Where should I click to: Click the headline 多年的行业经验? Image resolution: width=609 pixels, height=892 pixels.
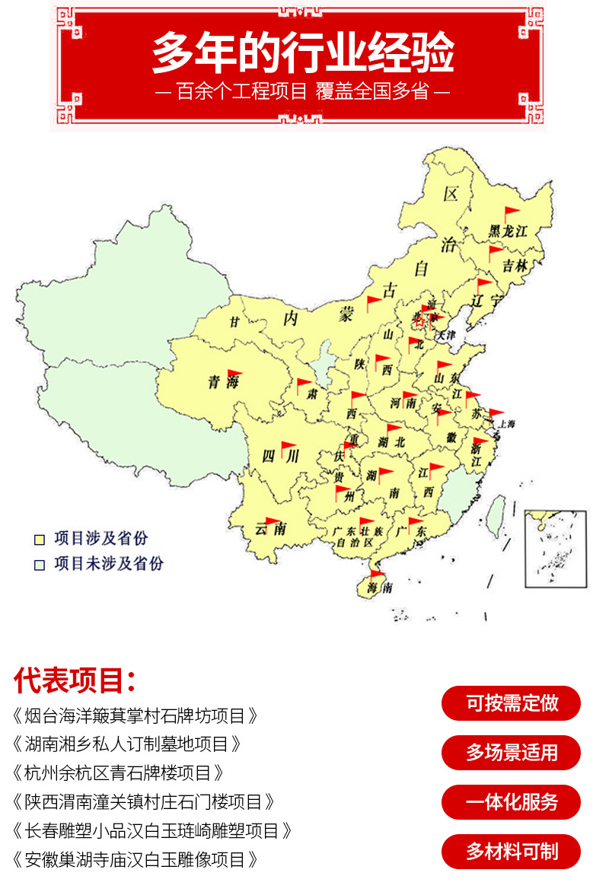[x=303, y=53]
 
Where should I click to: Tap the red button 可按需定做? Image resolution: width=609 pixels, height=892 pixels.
[x=511, y=703]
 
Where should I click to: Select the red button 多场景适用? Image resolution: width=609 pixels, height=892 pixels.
[x=511, y=753]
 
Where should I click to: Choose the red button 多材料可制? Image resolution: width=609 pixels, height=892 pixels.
[x=511, y=852]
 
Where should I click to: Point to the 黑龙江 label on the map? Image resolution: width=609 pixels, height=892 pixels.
[x=508, y=231]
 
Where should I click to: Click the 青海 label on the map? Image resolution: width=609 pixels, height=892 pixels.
[x=224, y=383]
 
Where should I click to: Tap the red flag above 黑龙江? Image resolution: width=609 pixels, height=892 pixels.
[x=511, y=212]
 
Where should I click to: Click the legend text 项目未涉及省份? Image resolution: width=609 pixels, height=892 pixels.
[x=109, y=564]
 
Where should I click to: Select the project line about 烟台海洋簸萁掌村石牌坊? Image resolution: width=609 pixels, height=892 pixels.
[x=136, y=716]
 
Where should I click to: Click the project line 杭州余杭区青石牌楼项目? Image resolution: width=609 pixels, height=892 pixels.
[x=119, y=773]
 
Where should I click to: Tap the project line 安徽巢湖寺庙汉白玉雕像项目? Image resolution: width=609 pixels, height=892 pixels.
[x=136, y=859]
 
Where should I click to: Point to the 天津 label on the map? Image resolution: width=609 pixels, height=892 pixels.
[x=445, y=334]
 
